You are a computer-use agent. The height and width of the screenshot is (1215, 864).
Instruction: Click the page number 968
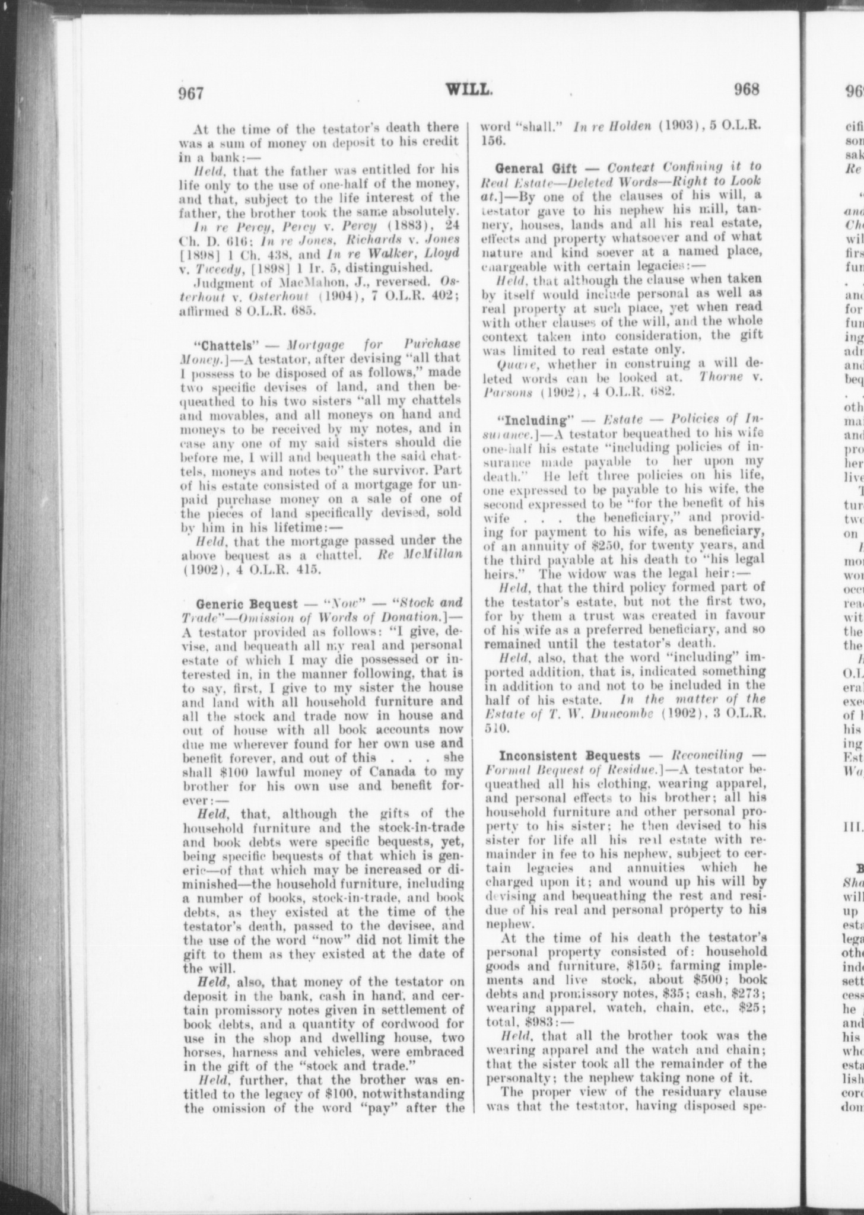pos(746,90)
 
